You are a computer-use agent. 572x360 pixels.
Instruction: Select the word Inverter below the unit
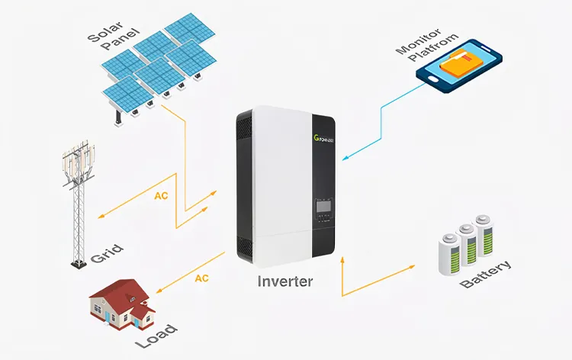pos(284,281)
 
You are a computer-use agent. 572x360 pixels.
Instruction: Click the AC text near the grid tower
pos(161,196)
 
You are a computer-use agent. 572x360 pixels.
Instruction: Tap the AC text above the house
pos(201,278)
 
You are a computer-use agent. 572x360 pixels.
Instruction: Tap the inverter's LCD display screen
pos(323,204)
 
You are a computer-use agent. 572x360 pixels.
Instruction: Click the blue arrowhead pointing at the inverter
pos(345,159)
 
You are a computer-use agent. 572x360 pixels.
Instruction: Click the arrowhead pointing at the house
pos(158,292)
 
